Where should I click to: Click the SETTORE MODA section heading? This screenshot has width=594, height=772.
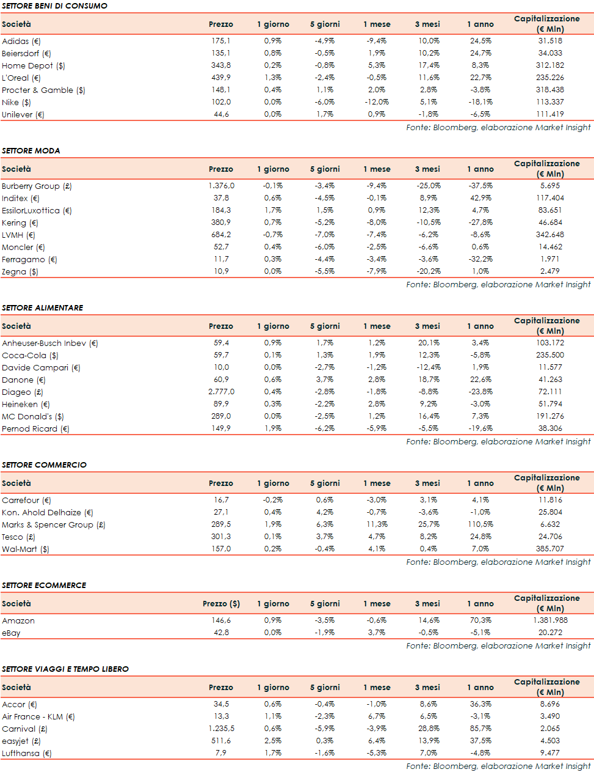click(x=31, y=150)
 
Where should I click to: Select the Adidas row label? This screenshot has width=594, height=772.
click(x=21, y=41)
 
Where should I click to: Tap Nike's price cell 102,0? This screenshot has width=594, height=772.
click(x=221, y=102)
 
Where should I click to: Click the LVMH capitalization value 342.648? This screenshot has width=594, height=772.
click(x=550, y=235)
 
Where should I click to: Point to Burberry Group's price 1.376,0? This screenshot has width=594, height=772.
click(x=221, y=186)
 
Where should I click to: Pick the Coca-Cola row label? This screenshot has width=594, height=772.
click(x=30, y=355)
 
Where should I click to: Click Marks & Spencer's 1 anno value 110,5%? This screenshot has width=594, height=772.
click(x=480, y=524)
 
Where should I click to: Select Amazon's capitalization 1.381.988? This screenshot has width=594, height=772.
click(x=550, y=620)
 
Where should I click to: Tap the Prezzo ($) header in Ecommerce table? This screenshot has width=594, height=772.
click(x=221, y=603)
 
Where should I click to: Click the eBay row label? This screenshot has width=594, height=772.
click(x=11, y=633)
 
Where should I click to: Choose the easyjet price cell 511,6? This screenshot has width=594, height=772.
click(x=221, y=741)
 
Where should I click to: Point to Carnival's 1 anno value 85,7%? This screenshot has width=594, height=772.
click(x=480, y=729)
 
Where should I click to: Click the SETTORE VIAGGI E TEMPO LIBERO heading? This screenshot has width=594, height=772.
click(x=65, y=669)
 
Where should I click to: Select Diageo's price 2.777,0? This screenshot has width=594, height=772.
click(x=221, y=392)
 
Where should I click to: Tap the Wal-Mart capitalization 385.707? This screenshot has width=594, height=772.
click(x=550, y=549)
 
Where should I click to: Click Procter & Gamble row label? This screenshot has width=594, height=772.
click(x=43, y=90)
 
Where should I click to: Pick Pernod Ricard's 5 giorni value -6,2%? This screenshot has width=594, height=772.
click(x=325, y=428)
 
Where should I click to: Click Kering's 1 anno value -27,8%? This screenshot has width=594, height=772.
click(x=480, y=222)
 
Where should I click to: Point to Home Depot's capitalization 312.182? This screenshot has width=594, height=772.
click(x=550, y=65)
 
